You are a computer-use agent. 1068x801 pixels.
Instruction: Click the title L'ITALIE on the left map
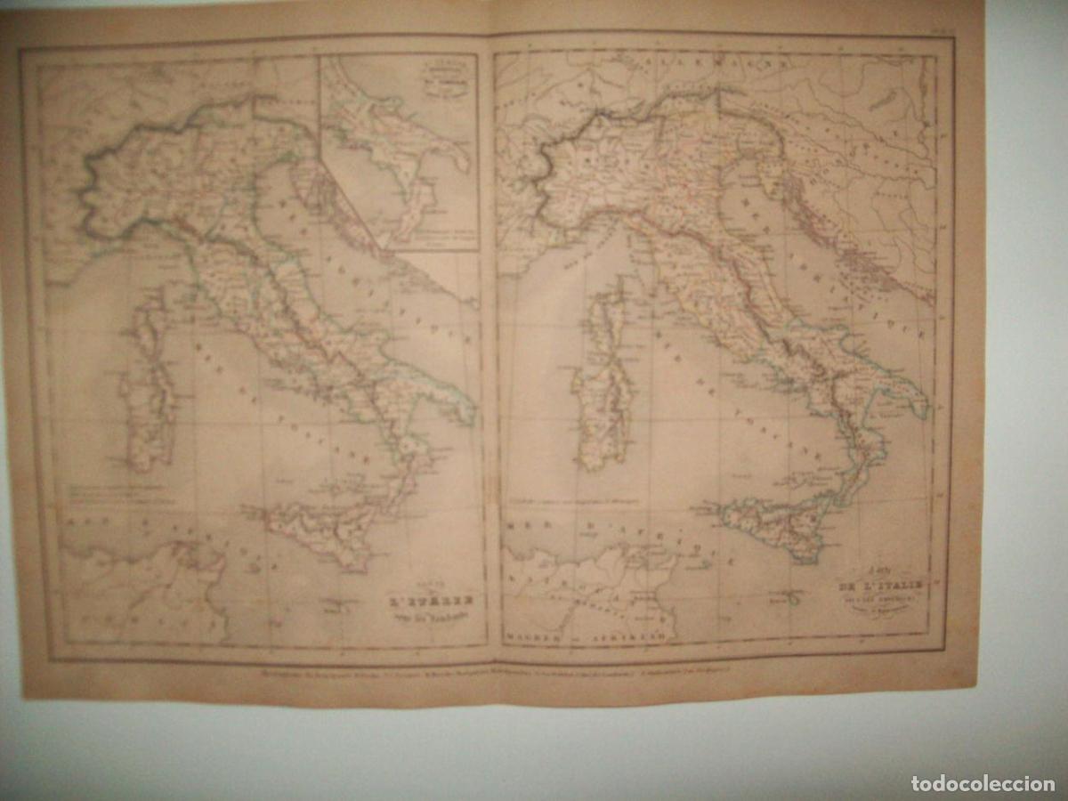430,600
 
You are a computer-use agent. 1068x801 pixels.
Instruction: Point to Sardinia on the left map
150,418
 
